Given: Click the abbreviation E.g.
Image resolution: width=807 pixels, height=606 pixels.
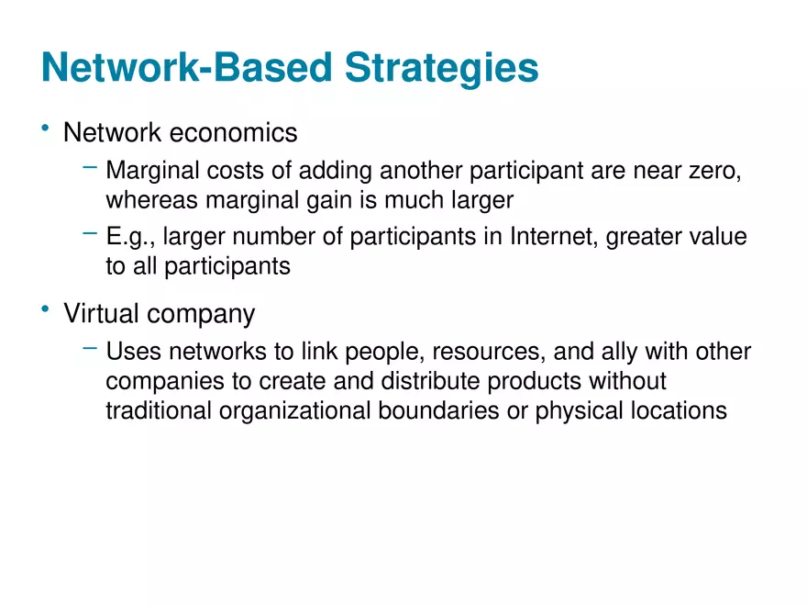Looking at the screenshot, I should click(x=129, y=238).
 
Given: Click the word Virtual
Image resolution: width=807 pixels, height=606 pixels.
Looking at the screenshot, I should click(x=102, y=314).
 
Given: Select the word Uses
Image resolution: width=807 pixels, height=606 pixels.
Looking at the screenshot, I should click(x=131, y=353).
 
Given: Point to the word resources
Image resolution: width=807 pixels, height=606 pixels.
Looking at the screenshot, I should click(x=487, y=353).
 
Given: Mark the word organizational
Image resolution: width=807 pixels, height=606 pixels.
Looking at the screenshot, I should click(x=295, y=410).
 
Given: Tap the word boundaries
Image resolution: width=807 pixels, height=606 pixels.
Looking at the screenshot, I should click(x=439, y=410).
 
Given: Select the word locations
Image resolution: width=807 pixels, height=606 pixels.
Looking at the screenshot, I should click(x=674, y=410).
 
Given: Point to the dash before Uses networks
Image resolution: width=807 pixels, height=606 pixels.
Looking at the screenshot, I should click(x=90, y=349).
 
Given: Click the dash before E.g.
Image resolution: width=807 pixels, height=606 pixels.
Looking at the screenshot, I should click(x=90, y=234).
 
